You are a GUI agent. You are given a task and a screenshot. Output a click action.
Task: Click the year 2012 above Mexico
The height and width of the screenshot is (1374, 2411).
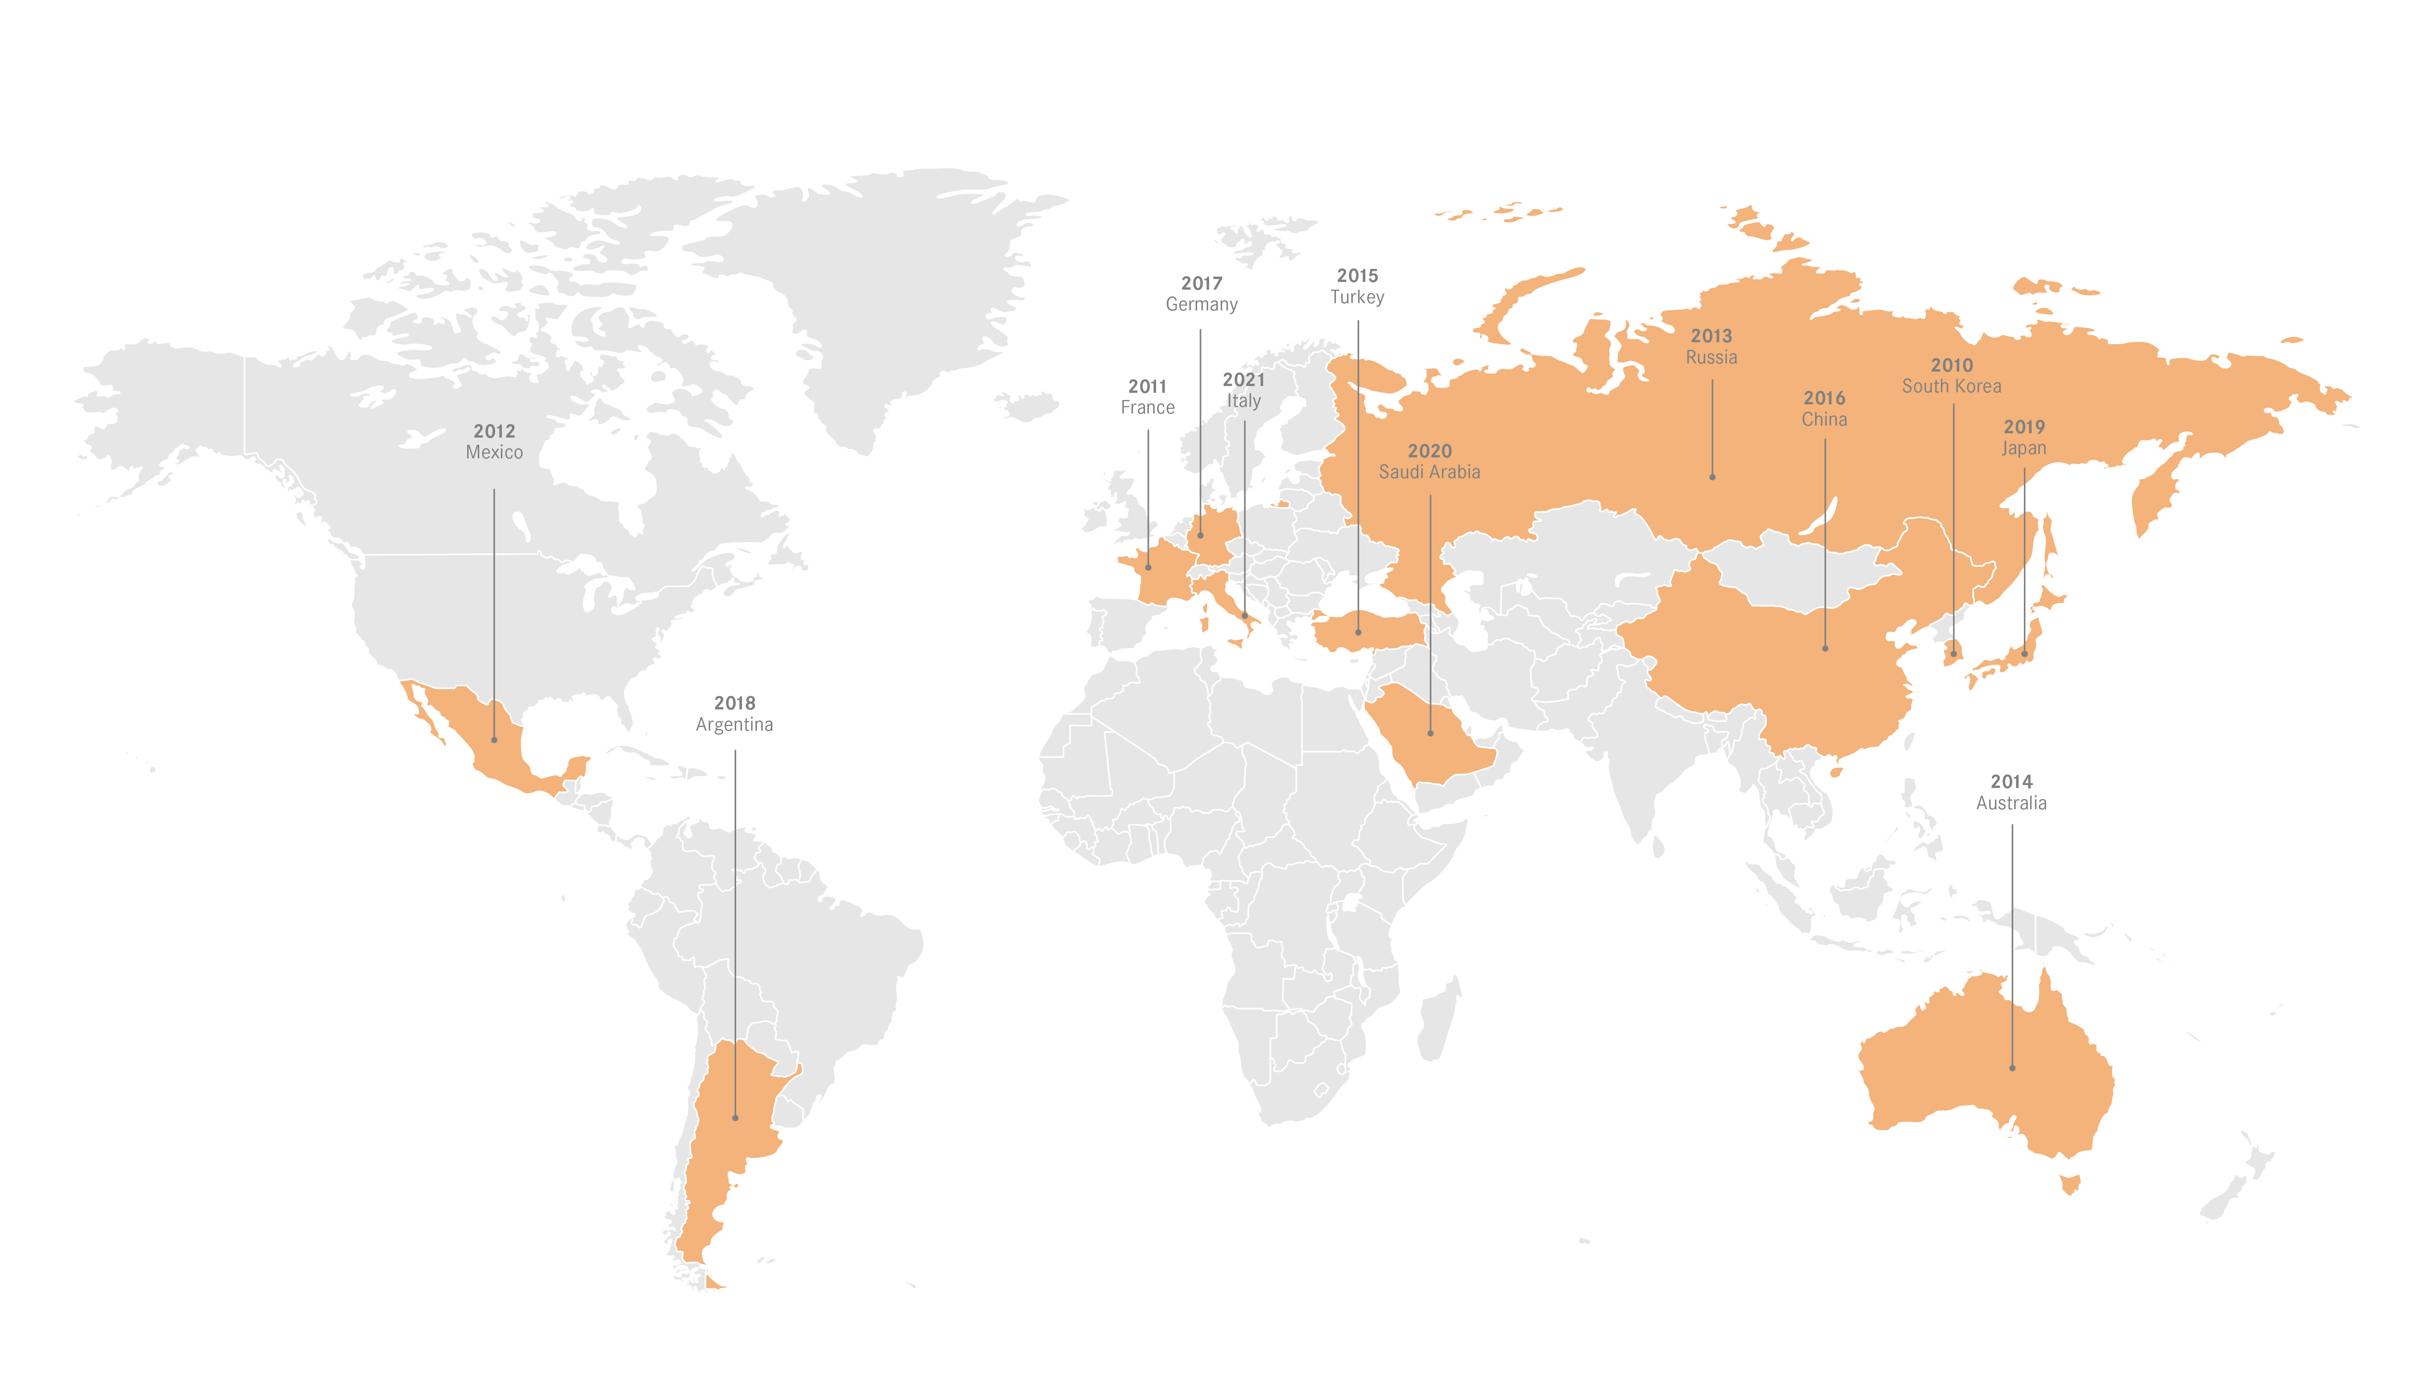[x=494, y=431]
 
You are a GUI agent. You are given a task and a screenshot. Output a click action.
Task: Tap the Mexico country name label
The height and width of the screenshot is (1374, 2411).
[x=494, y=453]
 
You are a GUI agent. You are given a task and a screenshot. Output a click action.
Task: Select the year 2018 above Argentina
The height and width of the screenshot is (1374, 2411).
[x=734, y=703]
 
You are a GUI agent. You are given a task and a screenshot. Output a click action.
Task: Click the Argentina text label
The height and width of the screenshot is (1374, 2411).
[x=734, y=725]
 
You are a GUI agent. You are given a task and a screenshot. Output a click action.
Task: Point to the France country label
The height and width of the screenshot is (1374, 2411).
[x=1147, y=408]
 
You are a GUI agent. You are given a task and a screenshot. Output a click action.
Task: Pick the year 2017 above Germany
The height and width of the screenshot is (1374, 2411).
[x=1201, y=283]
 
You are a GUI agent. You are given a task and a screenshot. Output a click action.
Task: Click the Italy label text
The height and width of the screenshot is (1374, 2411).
[x=1243, y=401]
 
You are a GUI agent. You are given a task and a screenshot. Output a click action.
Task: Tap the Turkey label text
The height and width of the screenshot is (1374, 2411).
[x=1357, y=297]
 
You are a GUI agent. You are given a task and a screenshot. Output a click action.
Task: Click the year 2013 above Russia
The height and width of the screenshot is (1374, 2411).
[x=1711, y=336]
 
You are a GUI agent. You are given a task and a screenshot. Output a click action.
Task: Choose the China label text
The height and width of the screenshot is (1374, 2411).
[x=1824, y=420]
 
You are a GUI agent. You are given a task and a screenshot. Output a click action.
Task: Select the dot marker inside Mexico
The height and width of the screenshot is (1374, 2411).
[x=494, y=740]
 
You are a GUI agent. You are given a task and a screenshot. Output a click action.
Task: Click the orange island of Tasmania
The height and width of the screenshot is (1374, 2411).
[x=2070, y=1183]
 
